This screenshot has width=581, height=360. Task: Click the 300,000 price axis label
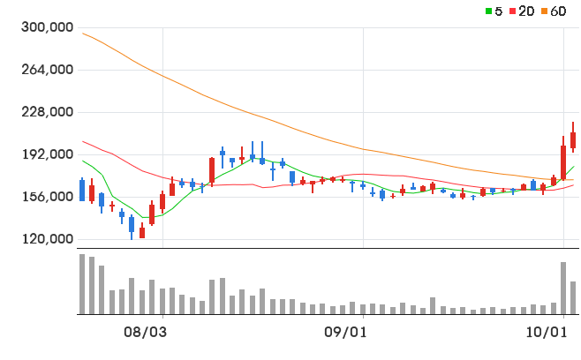(x=48, y=27)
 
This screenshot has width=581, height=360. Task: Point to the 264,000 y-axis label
(x=48, y=69)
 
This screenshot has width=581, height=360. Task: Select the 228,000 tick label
(x=48, y=111)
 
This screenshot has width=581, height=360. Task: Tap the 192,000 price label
(x=48, y=154)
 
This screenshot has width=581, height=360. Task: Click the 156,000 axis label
(x=48, y=196)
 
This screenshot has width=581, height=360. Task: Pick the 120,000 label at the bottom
(x=48, y=239)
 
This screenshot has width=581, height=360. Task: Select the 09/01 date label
(x=345, y=332)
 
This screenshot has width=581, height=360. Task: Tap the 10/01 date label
(x=547, y=332)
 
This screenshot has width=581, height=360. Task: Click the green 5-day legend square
(x=489, y=11)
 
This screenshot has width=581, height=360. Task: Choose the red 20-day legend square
(x=512, y=11)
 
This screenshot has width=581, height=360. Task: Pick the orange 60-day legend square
(x=544, y=11)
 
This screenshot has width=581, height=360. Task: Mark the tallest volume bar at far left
(x=82, y=284)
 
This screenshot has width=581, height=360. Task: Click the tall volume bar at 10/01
(x=563, y=289)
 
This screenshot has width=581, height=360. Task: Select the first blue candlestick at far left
(x=82, y=191)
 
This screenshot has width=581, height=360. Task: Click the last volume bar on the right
(x=573, y=297)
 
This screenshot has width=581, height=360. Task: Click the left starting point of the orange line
(x=82, y=34)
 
